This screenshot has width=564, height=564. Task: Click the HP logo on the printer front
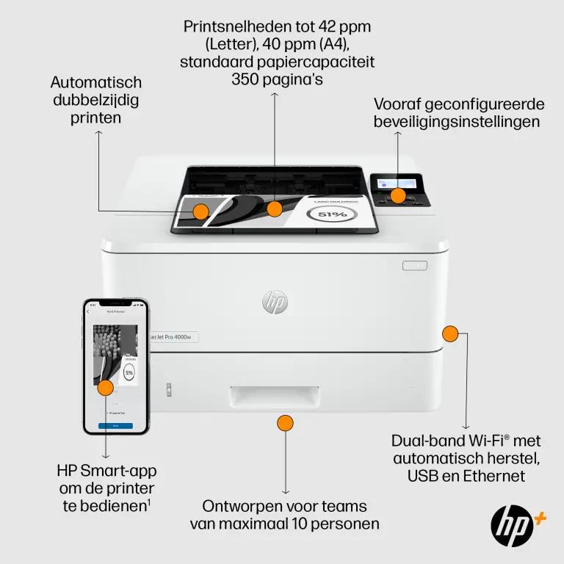click(275, 302)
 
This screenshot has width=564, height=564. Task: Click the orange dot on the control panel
click(397, 195)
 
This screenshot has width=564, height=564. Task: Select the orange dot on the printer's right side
click(450, 334)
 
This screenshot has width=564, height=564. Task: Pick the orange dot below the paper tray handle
click(285, 423)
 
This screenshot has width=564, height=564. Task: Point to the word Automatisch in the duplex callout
click(95, 82)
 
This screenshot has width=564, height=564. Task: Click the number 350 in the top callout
click(245, 79)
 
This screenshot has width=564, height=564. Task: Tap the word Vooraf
click(398, 104)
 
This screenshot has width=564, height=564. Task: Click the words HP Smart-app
click(106, 471)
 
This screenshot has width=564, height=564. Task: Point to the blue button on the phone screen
click(115, 425)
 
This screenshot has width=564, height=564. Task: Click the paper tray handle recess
click(274, 397)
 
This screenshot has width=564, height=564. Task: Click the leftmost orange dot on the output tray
click(200, 211)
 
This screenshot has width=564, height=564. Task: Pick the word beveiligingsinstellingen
click(457, 122)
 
